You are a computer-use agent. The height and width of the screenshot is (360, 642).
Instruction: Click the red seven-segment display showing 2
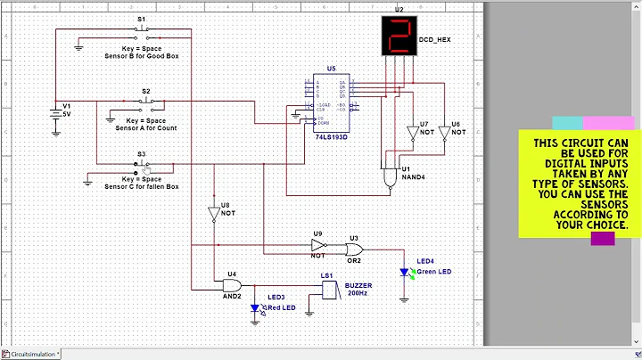(399, 35)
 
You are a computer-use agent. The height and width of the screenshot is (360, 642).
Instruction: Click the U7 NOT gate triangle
(413, 132)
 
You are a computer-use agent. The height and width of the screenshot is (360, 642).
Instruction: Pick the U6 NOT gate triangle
(444, 132)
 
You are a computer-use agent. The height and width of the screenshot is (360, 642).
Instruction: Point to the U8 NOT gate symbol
(213, 214)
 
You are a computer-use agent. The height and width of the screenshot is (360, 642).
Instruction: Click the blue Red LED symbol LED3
(255, 308)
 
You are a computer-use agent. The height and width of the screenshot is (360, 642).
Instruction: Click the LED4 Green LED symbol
(404, 273)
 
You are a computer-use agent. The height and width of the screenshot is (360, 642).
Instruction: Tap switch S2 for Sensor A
(145, 102)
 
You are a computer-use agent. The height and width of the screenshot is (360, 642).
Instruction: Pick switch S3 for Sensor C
(143, 167)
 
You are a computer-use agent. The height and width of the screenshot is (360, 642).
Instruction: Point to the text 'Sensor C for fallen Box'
(142, 187)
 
